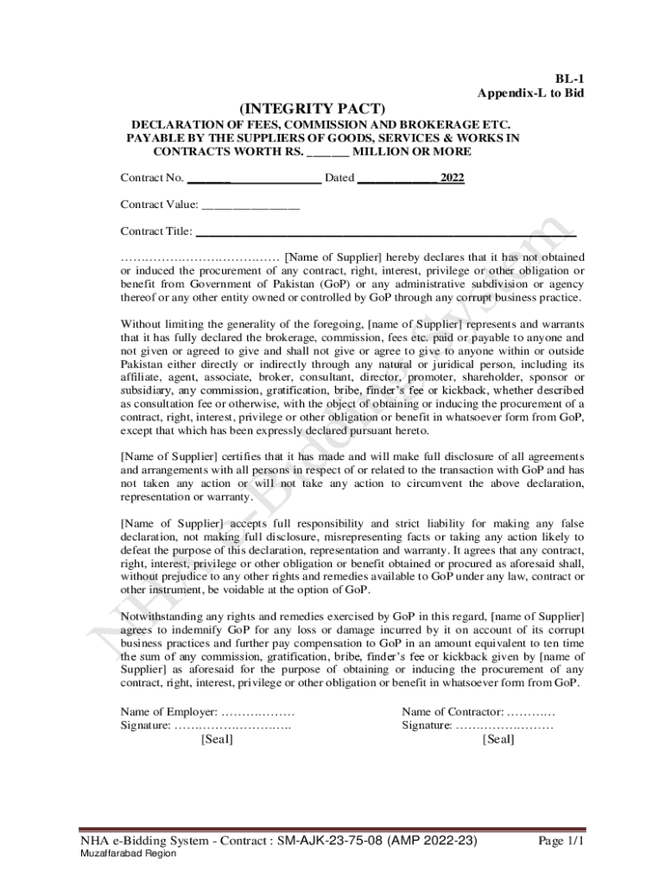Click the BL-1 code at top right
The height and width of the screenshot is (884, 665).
570,78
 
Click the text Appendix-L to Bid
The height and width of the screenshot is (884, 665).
531,92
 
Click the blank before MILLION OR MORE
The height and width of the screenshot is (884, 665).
328,152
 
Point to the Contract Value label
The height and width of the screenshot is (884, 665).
160,205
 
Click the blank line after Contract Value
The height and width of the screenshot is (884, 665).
251,207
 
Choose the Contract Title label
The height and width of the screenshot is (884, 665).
156,231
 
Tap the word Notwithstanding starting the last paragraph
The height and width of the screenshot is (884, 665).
160,616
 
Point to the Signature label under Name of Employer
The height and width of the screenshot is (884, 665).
145,726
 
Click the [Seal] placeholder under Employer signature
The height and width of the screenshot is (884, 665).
216,740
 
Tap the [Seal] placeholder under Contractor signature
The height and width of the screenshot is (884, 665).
498,740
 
